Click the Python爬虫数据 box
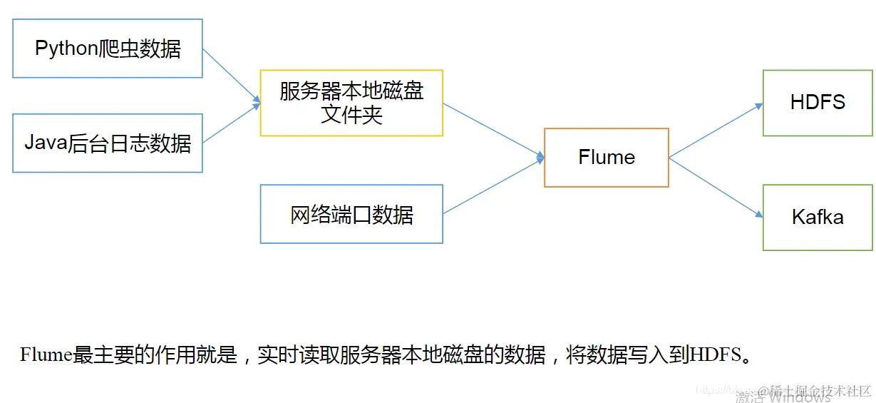tap(108, 49)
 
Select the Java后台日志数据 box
tap(108, 143)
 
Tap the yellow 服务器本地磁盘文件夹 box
tap(351, 103)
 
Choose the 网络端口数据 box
tap(351, 214)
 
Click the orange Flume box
tap(607, 158)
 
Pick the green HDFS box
tap(818, 103)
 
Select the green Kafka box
tap(818, 218)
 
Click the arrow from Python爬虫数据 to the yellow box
tap(232, 75)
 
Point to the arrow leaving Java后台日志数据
tap(232, 124)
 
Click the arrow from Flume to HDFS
tap(716, 131)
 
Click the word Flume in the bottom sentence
tap(46, 354)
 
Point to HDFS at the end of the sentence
tap(715, 354)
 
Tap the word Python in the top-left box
tap(66, 49)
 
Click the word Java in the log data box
tap(46, 143)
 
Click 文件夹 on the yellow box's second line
tap(351, 114)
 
